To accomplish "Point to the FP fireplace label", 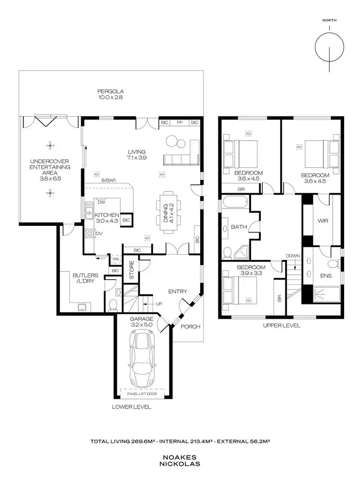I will coord(180,123).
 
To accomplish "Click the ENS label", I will coord(325,276).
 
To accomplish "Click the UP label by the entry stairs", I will coord(159,304).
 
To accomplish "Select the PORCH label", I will coord(190,327).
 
